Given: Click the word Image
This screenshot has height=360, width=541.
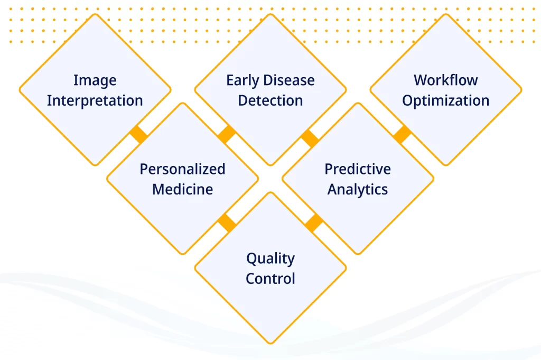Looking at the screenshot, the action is point(95,81).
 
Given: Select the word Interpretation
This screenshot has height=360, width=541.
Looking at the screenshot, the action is point(95,101).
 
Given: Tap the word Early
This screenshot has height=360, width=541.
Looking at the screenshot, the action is point(241,81).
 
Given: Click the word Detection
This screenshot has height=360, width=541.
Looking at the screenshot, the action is point(270,100).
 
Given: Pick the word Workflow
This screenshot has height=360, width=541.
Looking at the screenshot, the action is point(446,80).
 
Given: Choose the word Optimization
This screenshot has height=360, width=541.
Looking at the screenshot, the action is point(446,101).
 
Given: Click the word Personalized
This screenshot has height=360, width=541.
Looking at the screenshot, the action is point(182,169).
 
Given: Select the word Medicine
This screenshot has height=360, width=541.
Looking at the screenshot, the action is point(182,189).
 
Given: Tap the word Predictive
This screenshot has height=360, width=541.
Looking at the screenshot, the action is point(358,169).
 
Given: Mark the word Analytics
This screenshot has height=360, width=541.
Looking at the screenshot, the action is point(358,189).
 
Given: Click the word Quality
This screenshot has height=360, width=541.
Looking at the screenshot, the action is point(270,259).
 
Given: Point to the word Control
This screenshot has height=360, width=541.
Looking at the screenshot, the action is point(270,279).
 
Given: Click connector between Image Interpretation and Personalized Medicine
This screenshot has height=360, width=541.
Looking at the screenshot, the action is point(139,134).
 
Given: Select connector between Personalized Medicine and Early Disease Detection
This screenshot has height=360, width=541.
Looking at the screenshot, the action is point(227,134).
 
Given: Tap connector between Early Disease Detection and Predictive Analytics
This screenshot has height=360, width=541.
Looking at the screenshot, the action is point(310,139).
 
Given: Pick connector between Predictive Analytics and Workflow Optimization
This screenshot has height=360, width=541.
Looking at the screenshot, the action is point(402,134).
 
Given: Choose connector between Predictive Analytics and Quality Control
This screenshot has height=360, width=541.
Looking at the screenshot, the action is point(314,223).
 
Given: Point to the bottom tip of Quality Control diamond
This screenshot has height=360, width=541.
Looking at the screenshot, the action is point(270,344).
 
